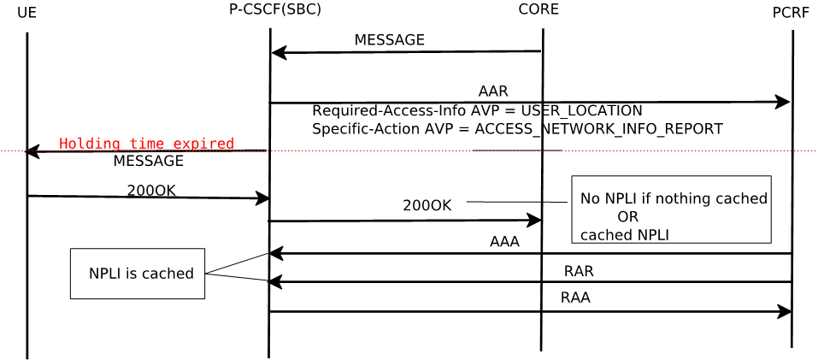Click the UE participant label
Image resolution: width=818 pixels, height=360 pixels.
click(x=26, y=13)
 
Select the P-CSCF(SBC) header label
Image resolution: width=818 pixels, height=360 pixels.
click(x=275, y=10)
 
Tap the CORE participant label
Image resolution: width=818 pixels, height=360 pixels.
click(x=538, y=9)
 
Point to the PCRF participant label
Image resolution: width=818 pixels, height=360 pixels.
click(x=791, y=13)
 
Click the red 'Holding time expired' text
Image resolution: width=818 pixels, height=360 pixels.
click(x=146, y=144)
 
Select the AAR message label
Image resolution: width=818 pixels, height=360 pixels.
click(x=493, y=91)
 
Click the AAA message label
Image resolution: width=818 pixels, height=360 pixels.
click(x=504, y=242)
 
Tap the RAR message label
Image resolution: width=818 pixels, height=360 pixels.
click(x=579, y=271)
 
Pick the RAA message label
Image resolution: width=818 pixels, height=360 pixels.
click(x=575, y=298)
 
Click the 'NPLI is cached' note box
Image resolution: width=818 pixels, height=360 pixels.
click(x=138, y=274)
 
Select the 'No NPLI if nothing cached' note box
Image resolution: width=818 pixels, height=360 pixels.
click(x=672, y=210)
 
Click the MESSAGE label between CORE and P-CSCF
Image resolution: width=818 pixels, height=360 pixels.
click(x=389, y=40)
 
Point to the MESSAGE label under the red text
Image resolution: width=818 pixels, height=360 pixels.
click(x=148, y=161)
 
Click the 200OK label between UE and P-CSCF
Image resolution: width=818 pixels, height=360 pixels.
click(x=151, y=190)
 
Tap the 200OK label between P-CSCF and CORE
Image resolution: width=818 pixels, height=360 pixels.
click(x=427, y=205)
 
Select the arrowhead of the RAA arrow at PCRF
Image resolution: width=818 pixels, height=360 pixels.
click(x=785, y=311)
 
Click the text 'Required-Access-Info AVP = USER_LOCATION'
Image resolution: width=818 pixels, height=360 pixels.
click(x=477, y=111)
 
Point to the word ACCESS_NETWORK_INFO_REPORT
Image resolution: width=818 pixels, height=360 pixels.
click(x=598, y=129)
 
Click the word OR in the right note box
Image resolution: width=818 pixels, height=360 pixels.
click(x=627, y=216)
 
